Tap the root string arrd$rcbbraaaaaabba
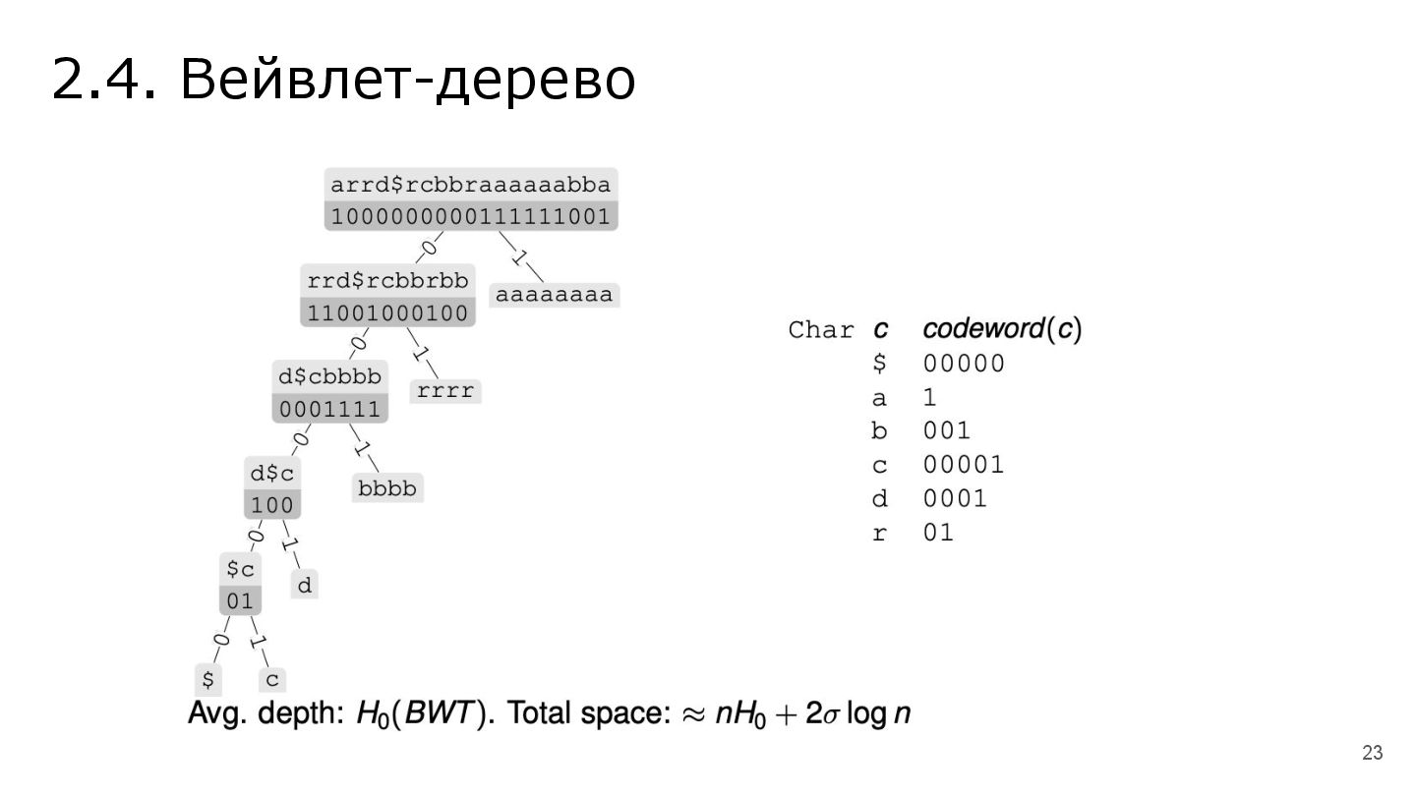tap(471, 185)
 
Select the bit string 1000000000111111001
tap(471, 216)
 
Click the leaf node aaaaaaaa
tap(555, 295)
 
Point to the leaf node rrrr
tap(445, 391)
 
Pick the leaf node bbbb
tap(387, 487)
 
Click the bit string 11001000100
tap(387, 313)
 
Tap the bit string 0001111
tap(329, 409)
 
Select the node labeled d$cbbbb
tap(329, 376)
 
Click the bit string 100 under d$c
tap(272, 505)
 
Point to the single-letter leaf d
tap(305, 587)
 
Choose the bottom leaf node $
tap(207, 679)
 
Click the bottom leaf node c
tap(272, 679)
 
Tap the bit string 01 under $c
tap(240, 600)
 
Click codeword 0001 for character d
tap(955, 498)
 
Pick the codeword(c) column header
tap(1002, 329)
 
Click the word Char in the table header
tap(822, 330)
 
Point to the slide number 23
tap(1372, 754)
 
